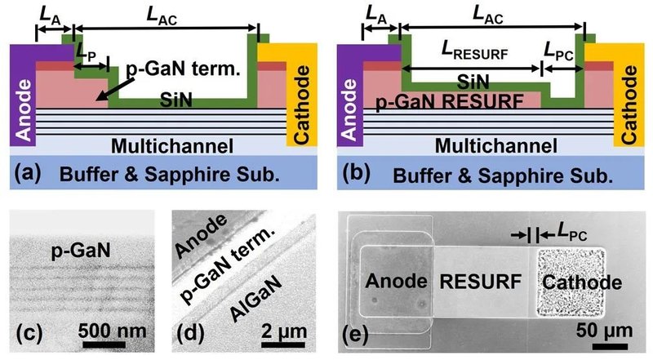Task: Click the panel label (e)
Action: pyautogui.click(x=358, y=333)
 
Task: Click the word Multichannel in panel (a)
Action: pyautogui.click(x=163, y=147)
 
